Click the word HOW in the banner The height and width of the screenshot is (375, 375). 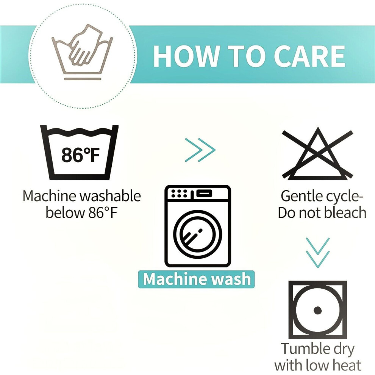(186, 56)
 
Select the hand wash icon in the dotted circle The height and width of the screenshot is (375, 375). (82, 52)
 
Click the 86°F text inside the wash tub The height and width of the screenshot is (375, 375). (81, 155)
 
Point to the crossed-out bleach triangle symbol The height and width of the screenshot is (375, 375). (317, 154)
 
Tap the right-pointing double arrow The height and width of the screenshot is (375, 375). (200, 150)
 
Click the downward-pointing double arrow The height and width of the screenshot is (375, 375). (318, 253)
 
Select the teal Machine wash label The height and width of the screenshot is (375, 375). (196, 279)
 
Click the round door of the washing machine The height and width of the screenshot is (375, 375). (198, 234)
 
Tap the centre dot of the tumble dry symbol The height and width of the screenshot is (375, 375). (317, 310)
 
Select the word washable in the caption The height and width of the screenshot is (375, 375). (110, 196)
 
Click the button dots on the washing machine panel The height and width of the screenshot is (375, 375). (180, 193)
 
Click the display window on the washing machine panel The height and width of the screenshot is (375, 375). (204, 193)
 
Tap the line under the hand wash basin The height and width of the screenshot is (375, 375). (83, 79)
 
